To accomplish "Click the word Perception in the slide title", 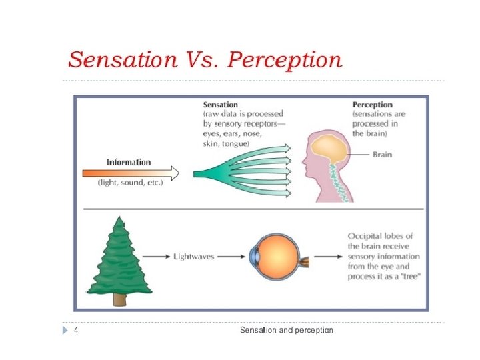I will tap(285, 60).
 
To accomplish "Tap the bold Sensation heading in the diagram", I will tap(220, 105).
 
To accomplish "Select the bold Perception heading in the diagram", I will tap(372, 105).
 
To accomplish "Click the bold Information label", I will tap(129, 162).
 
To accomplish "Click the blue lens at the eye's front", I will tap(253, 255).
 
